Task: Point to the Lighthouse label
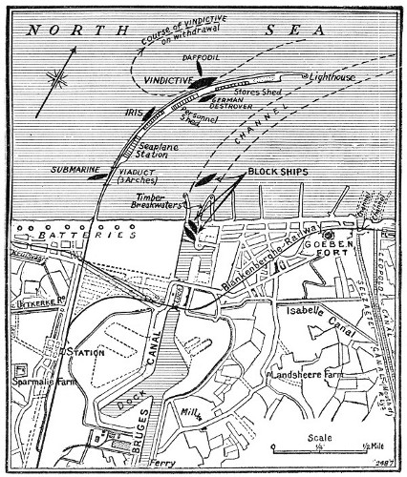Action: click(335, 75)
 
